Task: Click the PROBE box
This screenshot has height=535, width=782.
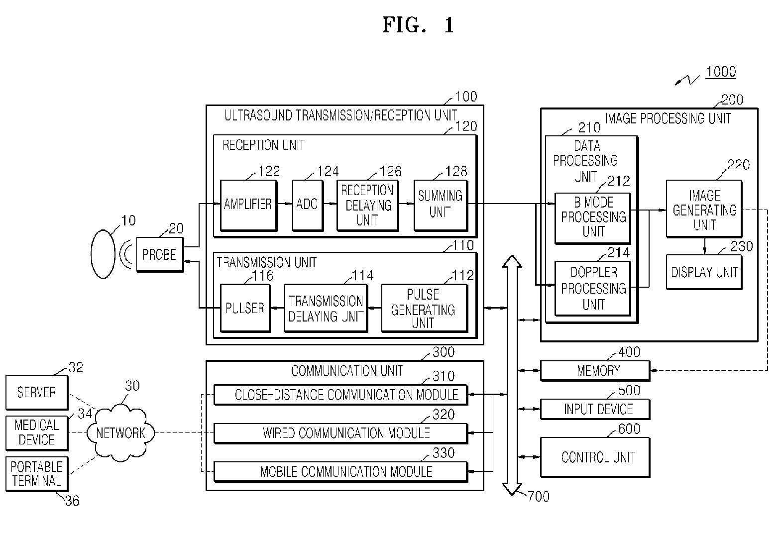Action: point(160,254)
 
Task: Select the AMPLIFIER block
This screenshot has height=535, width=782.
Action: point(249,205)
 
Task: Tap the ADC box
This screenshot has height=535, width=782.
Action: point(308,205)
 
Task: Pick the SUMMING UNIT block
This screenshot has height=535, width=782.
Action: point(441,205)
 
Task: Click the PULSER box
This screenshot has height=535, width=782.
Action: point(245,308)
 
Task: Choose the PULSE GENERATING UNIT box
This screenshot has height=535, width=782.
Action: point(425,308)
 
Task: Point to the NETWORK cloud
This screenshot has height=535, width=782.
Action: point(120,433)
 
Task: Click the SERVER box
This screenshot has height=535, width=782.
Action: point(37,392)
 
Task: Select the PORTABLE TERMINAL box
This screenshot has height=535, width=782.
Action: point(37,474)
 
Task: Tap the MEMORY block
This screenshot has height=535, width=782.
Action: point(595,371)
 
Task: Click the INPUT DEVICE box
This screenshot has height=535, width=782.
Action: point(595,409)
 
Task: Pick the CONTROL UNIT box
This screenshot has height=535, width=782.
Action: point(595,457)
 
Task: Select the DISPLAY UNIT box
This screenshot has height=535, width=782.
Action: point(704,272)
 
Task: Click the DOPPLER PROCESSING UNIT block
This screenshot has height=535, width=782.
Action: point(593,288)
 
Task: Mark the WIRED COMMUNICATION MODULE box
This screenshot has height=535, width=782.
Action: point(341,433)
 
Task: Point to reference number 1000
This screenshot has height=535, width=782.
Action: point(721,72)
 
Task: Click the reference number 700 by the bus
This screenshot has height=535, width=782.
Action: point(538,496)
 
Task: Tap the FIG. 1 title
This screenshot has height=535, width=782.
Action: point(418,25)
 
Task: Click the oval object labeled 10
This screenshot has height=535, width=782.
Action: point(103,254)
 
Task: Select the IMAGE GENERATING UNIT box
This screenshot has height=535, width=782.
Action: point(704,209)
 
